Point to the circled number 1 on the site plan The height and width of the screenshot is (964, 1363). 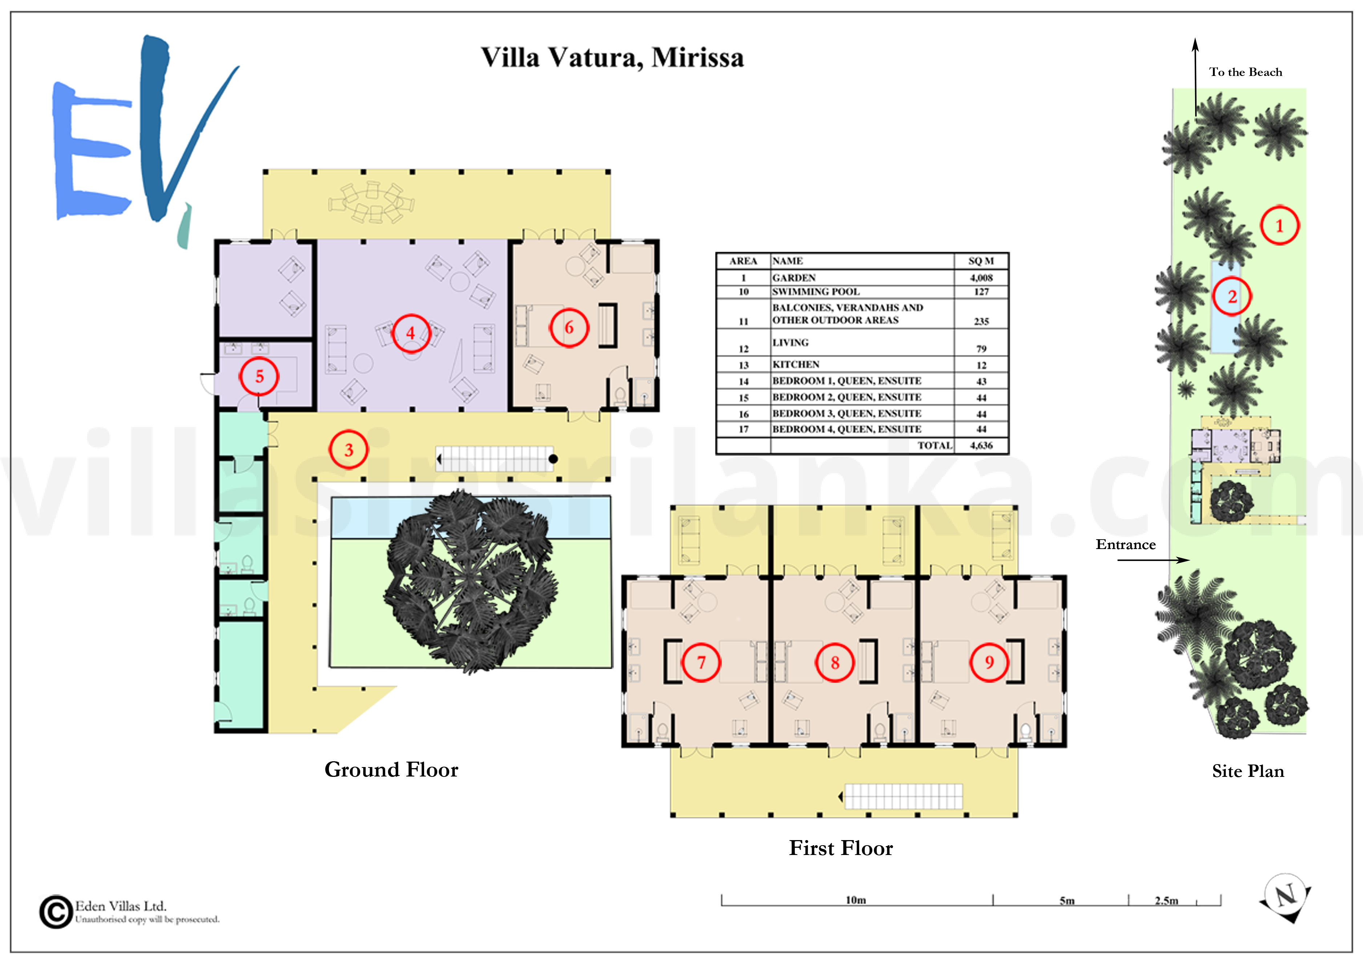tap(1279, 226)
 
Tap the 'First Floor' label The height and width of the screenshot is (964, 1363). tap(841, 848)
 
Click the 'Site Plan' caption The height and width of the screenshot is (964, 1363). tap(1248, 771)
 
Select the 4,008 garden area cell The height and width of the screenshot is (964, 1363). tap(981, 278)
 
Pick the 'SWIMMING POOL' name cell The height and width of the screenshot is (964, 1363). tap(816, 291)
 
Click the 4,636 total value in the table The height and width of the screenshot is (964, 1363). tap(981, 445)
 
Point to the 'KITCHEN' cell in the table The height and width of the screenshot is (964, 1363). tap(796, 364)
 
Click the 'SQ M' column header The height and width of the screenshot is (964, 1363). tap(981, 261)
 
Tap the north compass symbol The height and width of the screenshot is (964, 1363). tap(1286, 897)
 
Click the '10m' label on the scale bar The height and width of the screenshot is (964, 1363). tap(856, 900)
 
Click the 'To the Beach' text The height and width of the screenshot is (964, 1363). tap(1246, 72)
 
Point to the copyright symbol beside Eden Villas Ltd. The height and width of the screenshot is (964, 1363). tap(56, 912)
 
